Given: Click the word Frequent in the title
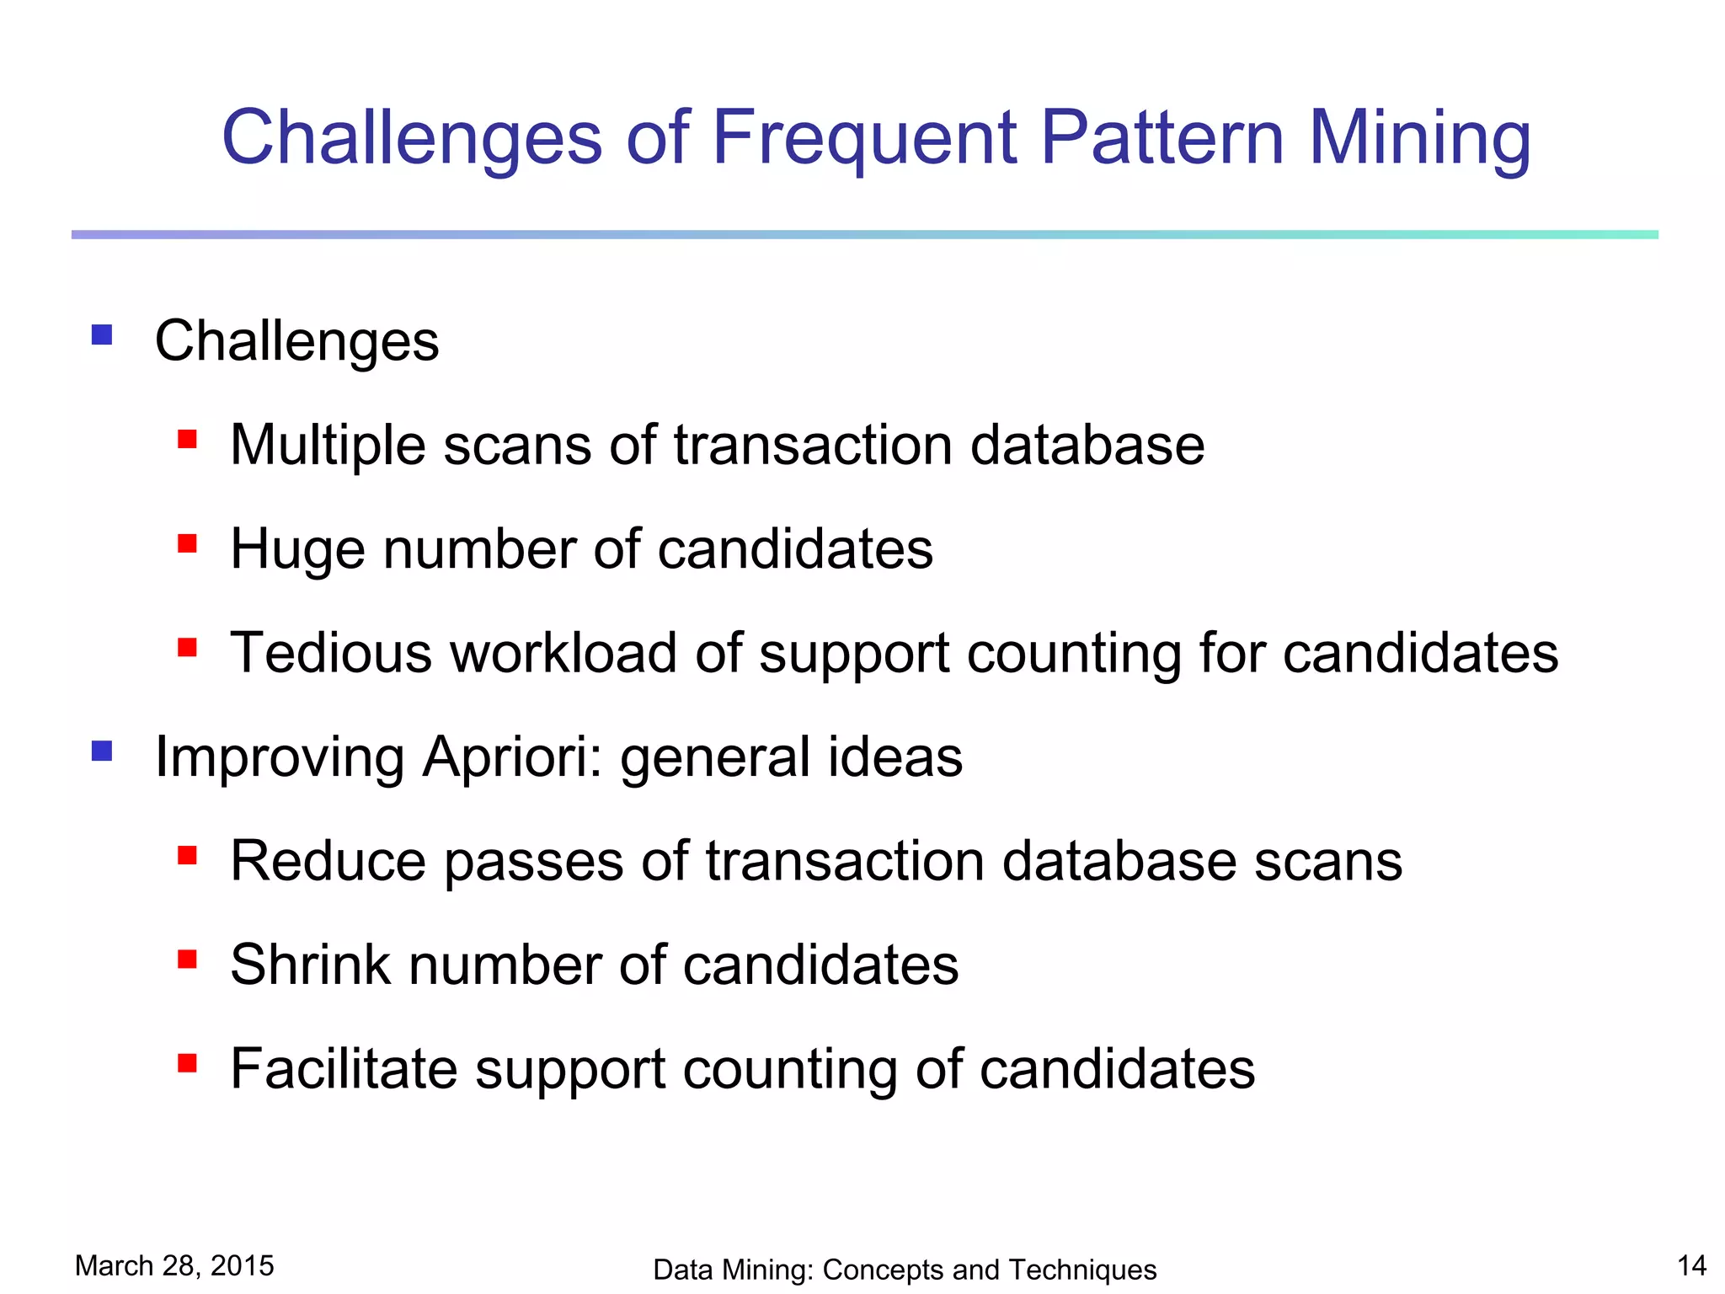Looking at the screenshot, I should [x=864, y=139].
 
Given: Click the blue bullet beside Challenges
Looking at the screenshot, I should [x=102, y=335].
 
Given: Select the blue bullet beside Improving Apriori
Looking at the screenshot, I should [x=102, y=751].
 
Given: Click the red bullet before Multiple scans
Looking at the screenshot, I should [x=187, y=440].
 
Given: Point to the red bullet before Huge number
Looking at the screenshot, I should [x=187, y=543].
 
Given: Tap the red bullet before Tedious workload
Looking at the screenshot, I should [x=187, y=648].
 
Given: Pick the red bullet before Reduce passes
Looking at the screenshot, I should [x=187, y=856].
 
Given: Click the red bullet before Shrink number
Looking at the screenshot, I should [x=187, y=960].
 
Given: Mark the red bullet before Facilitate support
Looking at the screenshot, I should [x=187, y=1063].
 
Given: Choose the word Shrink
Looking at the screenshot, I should [x=310, y=965].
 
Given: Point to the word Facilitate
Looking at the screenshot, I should [x=342, y=1069].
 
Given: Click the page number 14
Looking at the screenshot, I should [x=1691, y=1265].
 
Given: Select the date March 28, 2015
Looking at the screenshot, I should [x=174, y=1265].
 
